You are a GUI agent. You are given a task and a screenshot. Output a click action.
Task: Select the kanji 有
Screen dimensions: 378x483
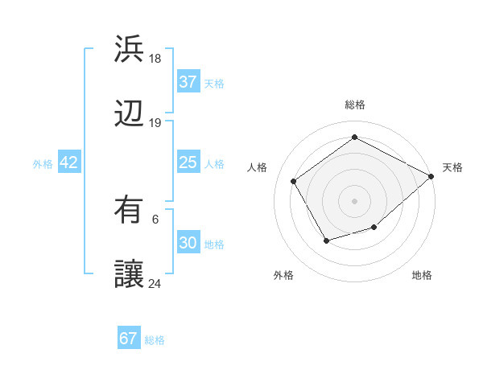(130, 209)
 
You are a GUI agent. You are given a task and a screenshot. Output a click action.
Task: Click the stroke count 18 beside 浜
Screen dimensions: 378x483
(155, 59)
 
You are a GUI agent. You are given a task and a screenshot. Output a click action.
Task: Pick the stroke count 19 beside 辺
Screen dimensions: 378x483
(155, 123)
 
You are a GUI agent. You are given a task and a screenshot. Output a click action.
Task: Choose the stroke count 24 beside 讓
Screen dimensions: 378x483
(155, 284)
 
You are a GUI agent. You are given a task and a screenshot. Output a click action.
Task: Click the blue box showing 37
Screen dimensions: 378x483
(188, 82)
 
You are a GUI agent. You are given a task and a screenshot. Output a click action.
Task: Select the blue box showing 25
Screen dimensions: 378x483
(188, 162)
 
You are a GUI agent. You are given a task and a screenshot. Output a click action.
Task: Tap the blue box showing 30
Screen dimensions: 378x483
(188, 243)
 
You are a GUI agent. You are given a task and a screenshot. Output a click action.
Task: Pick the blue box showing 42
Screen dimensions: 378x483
(69, 162)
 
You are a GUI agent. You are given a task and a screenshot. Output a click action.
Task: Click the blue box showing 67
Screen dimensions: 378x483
(129, 339)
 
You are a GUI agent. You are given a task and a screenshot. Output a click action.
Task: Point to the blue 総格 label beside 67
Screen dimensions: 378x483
(155, 340)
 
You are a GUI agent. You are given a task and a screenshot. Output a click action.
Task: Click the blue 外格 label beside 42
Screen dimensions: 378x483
(43, 164)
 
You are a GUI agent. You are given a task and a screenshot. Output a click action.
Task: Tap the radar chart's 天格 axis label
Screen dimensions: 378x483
(452, 167)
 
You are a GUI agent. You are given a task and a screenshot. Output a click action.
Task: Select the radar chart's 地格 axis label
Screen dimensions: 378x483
(422, 275)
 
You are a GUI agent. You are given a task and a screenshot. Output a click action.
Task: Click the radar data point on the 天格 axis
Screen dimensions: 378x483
(431, 176)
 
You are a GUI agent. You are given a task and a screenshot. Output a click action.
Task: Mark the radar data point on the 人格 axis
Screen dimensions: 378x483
(294, 181)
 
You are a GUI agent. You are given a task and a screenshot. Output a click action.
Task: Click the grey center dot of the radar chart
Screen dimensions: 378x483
(354, 200)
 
